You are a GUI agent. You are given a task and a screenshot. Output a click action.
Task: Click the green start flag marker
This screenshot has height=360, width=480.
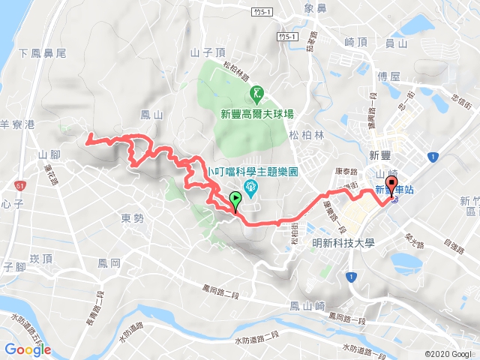pyautogui.click(x=236, y=200)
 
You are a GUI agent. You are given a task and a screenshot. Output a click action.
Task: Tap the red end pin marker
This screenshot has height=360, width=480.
pyautogui.click(x=390, y=187)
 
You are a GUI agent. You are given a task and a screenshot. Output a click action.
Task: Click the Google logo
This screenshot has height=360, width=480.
pyautogui.click(x=27, y=349)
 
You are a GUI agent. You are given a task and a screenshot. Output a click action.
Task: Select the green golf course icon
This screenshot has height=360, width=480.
pyautogui.click(x=257, y=93)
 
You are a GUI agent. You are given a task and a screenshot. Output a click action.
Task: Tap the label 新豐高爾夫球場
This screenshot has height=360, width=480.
pyautogui.click(x=256, y=114)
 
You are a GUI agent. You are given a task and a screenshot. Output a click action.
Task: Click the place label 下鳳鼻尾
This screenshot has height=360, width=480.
pyautogui.click(x=43, y=53)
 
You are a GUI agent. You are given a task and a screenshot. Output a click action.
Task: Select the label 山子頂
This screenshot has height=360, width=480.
pyautogui.click(x=208, y=52)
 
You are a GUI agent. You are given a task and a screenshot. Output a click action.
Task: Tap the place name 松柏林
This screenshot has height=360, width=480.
pyautogui.click(x=307, y=135)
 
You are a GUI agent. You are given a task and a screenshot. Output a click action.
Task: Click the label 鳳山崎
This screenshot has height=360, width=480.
pyautogui.click(x=307, y=305)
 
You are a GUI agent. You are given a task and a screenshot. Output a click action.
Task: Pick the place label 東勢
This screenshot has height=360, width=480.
pyautogui.click(x=132, y=218)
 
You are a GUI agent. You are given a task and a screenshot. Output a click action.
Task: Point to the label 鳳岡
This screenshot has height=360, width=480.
pyautogui.click(x=109, y=263)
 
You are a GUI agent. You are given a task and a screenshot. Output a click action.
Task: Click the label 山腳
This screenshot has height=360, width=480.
pyautogui.click(x=49, y=153)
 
